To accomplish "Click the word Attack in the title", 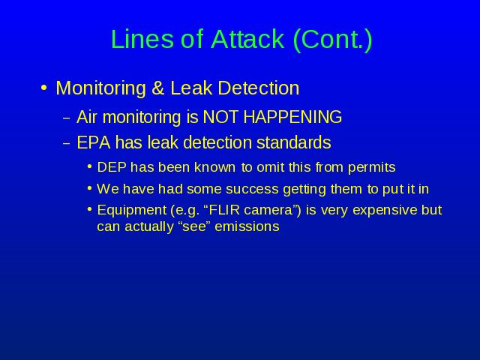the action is point(247,39).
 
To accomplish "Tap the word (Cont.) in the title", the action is point(333,40).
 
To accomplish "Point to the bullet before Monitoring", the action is point(43,88).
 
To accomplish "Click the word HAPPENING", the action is point(292,117).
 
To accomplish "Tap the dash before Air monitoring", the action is point(67,118).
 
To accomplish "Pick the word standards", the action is point(293,142).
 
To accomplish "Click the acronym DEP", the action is point(112,167).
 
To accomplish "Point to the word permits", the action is point(372,168).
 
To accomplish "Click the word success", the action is point(252,189).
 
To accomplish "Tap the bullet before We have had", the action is point(89,188).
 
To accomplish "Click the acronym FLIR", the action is point(223,210).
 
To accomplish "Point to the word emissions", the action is point(247,226).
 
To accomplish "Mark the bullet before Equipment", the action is point(89,210).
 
